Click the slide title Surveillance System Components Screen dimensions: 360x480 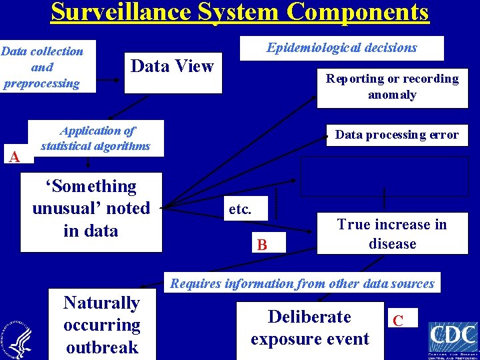[x=240, y=13]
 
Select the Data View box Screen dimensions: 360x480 [x=173, y=67]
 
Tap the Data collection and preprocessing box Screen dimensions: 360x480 [x=43, y=67]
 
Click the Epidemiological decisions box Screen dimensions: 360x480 [x=341, y=48]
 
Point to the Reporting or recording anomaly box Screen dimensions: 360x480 [x=392, y=87]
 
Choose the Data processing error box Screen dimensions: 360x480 [x=397, y=135]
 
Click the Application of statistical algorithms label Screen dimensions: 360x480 [x=96, y=139]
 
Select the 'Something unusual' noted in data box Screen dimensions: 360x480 [x=91, y=209]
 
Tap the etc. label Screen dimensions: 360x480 [x=240, y=209]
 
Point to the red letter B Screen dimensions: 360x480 [x=263, y=245]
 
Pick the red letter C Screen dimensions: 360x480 [x=398, y=321]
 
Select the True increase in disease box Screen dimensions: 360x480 [x=392, y=234]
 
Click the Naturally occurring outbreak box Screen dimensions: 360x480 [x=102, y=325]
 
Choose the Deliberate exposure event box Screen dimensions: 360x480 [x=310, y=328]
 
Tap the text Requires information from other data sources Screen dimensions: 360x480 [x=302, y=283]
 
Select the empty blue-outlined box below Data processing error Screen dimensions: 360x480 [x=383, y=176]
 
